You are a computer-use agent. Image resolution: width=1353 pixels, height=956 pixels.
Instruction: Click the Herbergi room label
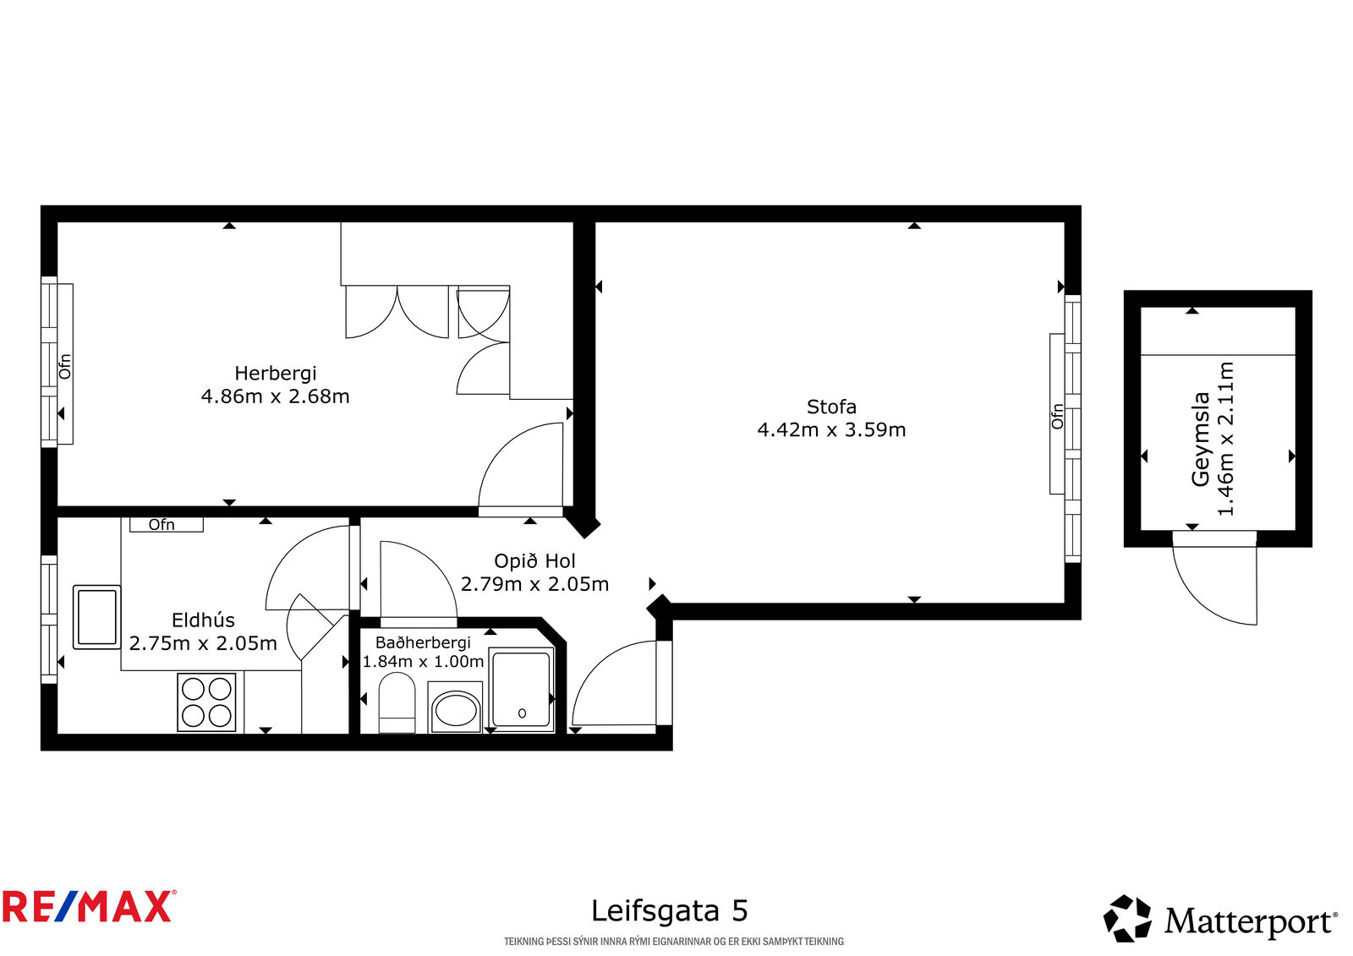tap(276, 374)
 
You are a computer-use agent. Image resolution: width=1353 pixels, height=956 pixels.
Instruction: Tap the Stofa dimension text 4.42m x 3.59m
tap(832, 430)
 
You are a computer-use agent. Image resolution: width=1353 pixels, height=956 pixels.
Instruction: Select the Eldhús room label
tap(203, 620)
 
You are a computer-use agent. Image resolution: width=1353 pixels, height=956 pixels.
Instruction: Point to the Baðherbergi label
tap(423, 642)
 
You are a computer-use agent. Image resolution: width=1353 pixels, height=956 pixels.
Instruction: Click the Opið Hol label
tap(534, 561)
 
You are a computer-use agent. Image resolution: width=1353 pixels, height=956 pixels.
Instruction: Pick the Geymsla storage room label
tap(1200, 439)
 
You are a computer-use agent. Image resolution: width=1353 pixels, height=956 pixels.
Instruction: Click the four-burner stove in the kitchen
tap(206, 702)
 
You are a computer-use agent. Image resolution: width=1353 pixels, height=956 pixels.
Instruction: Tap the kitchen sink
tap(96, 617)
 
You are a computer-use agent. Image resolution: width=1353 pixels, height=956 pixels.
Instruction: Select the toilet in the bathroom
tap(397, 702)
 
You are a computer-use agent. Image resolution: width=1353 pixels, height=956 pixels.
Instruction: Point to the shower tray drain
tap(523, 713)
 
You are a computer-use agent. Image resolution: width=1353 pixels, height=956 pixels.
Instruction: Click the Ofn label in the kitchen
tap(162, 525)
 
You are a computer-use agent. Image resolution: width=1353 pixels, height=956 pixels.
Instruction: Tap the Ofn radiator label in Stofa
tap(1057, 417)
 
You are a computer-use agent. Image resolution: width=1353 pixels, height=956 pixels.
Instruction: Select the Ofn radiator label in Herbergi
tap(64, 367)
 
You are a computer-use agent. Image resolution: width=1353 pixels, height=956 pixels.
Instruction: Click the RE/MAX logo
tap(89, 906)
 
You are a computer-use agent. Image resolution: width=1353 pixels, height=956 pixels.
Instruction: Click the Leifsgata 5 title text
tap(669, 910)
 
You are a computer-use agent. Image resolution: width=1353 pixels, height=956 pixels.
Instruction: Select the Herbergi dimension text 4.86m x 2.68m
tap(276, 396)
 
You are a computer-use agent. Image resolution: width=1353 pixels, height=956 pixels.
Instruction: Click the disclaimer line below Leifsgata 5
tap(674, 942)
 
